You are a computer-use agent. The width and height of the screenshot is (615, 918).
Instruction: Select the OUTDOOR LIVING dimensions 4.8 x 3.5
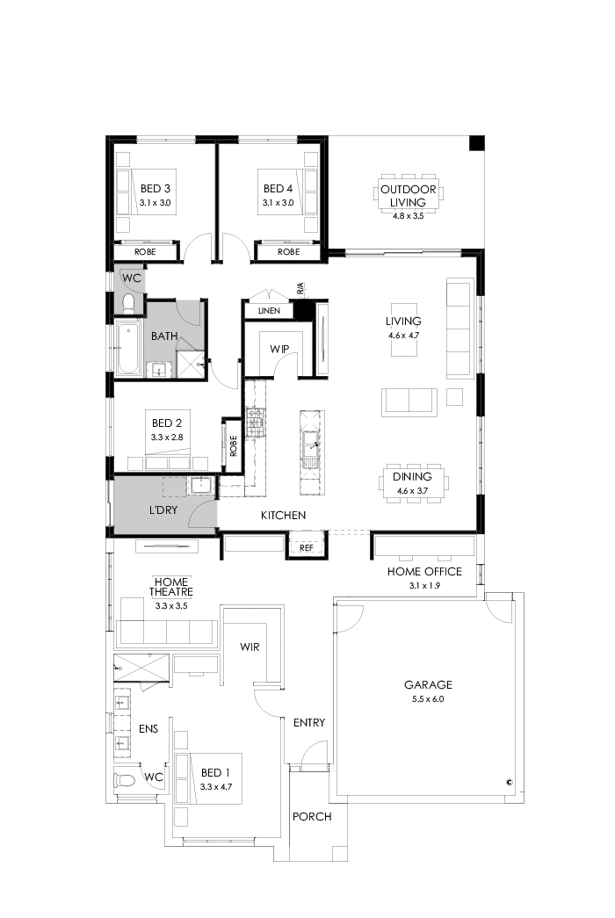[408, 215]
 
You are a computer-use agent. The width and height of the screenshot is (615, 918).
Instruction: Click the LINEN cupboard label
[270, 311]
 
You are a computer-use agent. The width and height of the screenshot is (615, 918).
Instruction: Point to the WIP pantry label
[279, 349]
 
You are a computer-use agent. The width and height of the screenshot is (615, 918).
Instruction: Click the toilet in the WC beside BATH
[128, 304]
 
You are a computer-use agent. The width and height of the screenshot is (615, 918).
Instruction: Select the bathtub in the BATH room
[128, 349]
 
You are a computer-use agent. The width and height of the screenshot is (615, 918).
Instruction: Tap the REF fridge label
[306, 546]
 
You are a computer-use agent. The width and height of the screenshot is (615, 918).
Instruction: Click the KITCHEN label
[283, 515]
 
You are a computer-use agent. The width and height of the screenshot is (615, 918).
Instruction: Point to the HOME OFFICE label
[424, 572]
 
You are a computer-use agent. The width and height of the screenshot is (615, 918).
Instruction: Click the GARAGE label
[428, 684]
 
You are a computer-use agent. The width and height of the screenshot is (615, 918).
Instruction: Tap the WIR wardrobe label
[250, 647]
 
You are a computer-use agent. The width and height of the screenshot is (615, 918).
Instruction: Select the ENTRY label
[309, 723]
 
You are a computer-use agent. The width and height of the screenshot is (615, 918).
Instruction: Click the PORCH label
[312, 817]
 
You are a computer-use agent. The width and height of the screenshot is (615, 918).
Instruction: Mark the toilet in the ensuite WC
[125, 779]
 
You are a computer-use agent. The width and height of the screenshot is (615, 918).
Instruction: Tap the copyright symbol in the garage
[509, 781]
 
